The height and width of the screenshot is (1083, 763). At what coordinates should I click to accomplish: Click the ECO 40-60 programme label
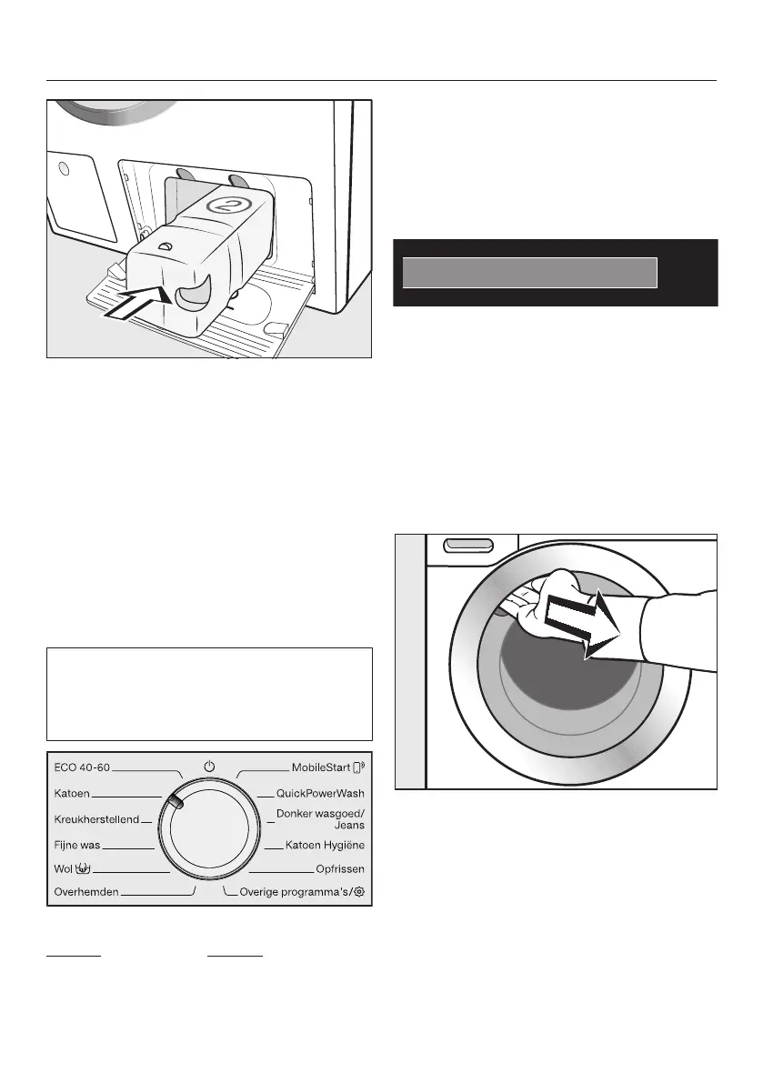point(83,767)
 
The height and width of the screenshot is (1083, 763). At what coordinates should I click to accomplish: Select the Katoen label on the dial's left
point(72,794)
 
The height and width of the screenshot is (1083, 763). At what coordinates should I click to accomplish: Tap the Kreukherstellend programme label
point(96,819)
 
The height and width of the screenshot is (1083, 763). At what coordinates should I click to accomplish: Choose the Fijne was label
point(77,845)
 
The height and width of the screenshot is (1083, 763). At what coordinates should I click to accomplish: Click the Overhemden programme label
point(86,893)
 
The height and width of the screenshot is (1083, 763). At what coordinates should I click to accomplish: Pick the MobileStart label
point(320,767)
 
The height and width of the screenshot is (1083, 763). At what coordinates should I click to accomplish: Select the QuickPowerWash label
point(320,794)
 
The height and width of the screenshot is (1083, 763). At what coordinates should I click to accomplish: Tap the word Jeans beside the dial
point(349,826)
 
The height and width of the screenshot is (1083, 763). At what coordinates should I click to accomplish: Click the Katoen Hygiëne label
point(325,846)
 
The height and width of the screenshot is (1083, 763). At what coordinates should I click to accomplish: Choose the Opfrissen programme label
point(340,869)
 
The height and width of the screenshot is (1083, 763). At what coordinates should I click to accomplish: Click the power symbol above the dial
point(209,767)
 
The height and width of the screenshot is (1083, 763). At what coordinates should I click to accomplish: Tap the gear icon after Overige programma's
point(360,893)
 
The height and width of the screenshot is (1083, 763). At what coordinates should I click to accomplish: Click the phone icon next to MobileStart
point(359,767)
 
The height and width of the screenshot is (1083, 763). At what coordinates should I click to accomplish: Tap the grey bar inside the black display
point(529,273)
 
